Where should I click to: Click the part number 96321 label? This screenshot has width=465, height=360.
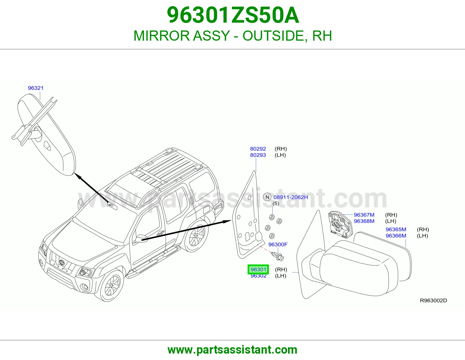(x=36, y=88)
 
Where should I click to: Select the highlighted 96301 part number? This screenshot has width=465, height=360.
(x=258, y=269)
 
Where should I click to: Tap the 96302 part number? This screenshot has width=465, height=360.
(x=258, y=276)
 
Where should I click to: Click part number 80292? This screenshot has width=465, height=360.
(x=258, y=149)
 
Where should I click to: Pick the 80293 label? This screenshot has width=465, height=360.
(x=258, y=155)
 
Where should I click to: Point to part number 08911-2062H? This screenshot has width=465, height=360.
(x=291, y=197)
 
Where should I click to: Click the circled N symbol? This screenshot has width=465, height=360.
(x=267, y=197)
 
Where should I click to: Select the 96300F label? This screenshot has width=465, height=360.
(x=278, y=244)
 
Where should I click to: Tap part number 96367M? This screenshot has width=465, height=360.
(x=364, y=215)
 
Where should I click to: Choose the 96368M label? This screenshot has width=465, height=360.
(x=364, y=221)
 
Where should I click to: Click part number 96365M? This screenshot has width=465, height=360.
(x=396, y=229)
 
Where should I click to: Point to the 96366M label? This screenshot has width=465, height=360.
(x=396, y=235)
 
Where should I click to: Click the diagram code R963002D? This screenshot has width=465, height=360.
(x=433, y=300)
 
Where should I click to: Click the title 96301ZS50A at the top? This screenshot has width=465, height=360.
(x=233, y=15)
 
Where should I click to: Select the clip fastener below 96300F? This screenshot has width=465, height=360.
(x=278, y=256)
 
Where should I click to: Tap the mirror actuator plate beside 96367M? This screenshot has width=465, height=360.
(x=340, y=224)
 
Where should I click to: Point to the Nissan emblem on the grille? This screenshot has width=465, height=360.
(x=62, y=262)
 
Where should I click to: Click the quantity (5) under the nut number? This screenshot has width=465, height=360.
(x=276, y=203)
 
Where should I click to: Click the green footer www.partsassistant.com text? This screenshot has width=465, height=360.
(x=233, y=350)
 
